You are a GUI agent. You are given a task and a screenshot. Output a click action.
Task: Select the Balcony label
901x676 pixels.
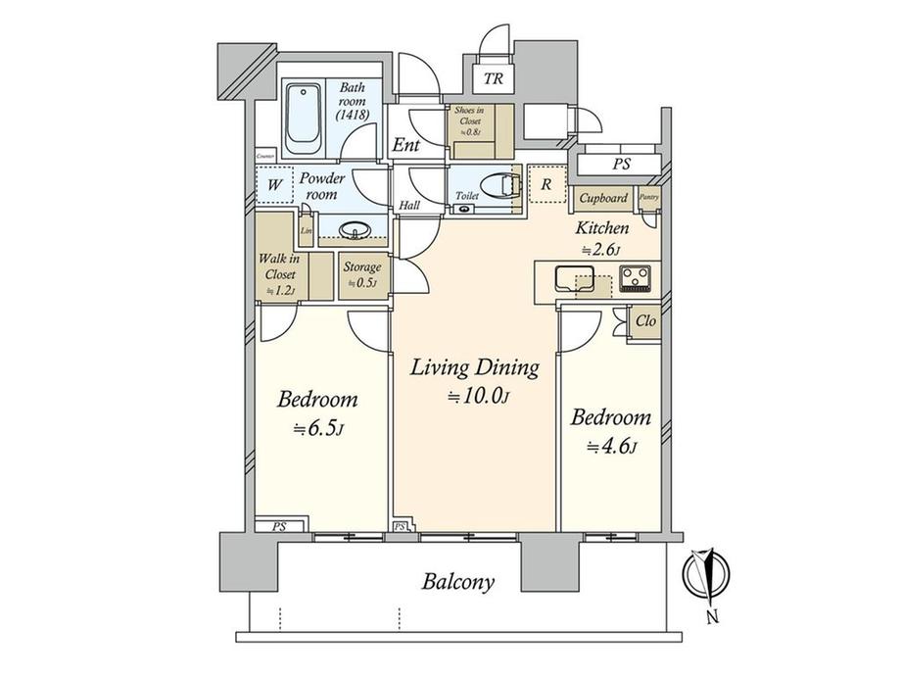(x=458, y=582)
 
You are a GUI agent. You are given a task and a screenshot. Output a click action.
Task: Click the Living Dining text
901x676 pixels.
(x=474, y=368)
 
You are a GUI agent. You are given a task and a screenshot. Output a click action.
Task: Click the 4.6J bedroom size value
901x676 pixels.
(x=611, y=447)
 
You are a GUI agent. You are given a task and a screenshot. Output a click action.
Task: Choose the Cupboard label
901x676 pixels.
(x=603, y=198)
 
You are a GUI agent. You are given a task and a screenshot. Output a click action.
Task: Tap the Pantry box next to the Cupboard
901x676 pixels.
(x=648, y=198)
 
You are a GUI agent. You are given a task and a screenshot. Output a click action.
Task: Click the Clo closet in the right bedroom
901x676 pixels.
(x=645, y=320)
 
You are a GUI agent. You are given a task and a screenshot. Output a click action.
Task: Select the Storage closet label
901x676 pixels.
(x=361, y=273)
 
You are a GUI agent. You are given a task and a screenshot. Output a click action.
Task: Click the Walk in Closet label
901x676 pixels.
(x=278, y=274)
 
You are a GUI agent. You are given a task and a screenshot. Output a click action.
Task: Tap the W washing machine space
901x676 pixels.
(x=275, y=183)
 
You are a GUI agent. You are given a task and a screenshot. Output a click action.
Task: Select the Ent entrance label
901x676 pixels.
(x=406, y=146)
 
